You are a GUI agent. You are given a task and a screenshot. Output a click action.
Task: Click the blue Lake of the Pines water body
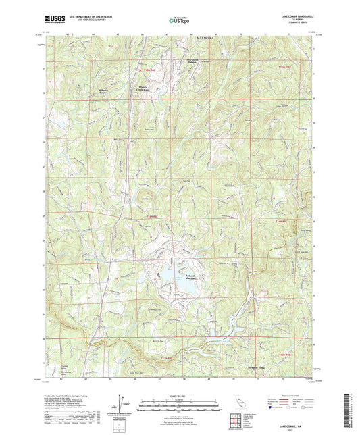[x=165, y=278]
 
